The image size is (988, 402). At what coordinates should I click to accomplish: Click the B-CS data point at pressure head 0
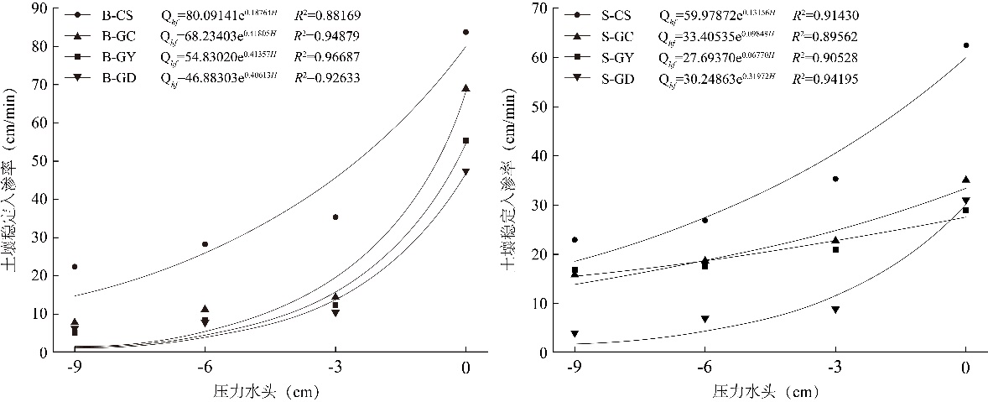pyautogui.click(x=465, y=32)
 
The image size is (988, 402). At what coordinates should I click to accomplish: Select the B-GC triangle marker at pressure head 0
pyautogui.click(x=465, y=88)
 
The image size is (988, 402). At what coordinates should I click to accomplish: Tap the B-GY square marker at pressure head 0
pyautogui.click(x=465, y=140)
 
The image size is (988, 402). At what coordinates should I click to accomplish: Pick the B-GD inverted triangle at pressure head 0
pyautogui.click(x=465, y=172)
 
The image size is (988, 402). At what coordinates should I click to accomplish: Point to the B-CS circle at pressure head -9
pyautogui.click(x=75, y=267)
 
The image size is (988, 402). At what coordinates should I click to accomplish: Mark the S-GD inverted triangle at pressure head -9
pyautogui.click(x=575, y=334)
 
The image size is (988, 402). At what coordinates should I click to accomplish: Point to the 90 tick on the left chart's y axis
pyautogui.click(x=39, y=8)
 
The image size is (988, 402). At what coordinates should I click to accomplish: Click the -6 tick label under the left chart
pyautogui.click(x=205, y=368)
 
